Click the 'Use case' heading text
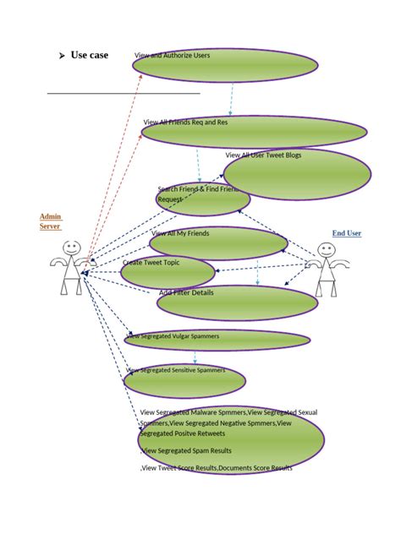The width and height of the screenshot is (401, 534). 89,56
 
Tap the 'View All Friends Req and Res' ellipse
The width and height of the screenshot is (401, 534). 254,133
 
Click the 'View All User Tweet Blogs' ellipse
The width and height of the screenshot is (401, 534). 298,173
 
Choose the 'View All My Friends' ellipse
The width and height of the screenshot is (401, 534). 218,243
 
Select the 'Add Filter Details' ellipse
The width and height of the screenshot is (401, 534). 236,302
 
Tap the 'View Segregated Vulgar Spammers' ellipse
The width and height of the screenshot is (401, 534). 217,340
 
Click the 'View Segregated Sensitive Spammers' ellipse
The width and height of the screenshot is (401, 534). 184,380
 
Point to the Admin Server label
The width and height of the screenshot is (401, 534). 51,221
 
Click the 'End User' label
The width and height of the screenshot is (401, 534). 346,232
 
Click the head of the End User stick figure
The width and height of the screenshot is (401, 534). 327,250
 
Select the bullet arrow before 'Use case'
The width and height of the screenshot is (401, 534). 62,57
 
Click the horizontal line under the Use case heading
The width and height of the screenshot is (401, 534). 123,93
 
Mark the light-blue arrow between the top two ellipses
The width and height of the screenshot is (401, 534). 230,99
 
